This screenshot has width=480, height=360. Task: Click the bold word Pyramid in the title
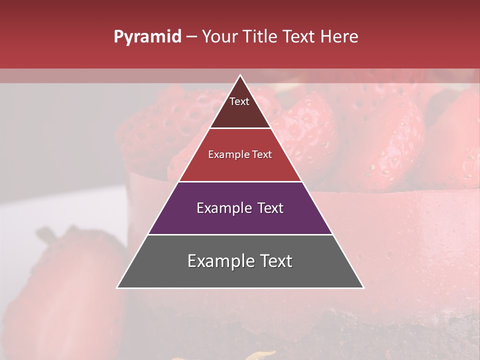click(x=147, y=37)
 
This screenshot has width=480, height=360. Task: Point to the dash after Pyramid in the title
click(x=191, y=37)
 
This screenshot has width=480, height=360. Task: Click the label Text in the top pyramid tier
click(x=239, y=101)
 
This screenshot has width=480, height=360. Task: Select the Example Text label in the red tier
click(x=240, y=154)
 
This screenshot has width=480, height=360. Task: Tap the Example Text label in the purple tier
click(x=240, y=208)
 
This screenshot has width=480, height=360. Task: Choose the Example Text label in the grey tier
click(x=240, y=261)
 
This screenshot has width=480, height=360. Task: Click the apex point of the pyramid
click(x=240, y=75)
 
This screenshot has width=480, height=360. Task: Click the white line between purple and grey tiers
click(x=240, y=234)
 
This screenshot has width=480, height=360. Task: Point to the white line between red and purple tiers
click(x=240, y=181)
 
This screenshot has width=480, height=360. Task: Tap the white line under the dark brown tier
click(x=240, y=128)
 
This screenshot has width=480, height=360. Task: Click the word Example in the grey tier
click(x=218, y=261)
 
